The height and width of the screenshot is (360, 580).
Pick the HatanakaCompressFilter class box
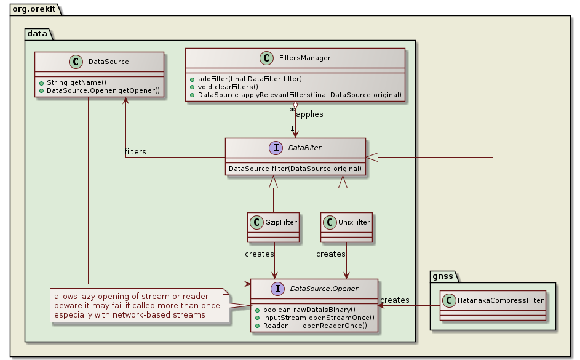[493, 305]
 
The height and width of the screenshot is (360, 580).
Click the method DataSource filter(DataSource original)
[295, 168]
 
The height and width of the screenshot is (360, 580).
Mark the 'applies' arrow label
[309, 114]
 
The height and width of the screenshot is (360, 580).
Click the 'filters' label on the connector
[135, 151]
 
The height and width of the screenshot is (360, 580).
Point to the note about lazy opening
[137, 305]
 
